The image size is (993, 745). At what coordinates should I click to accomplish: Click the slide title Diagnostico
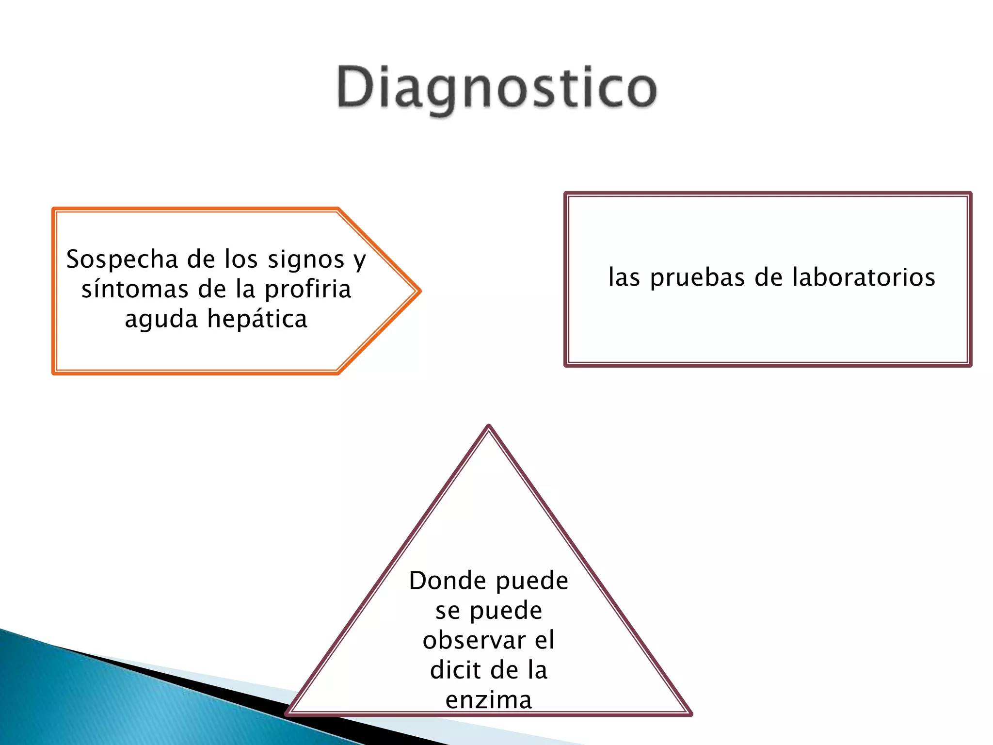pyautogui.click(x=496, y=88)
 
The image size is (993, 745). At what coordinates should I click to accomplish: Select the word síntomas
pyautogui.click(x=134, y=290)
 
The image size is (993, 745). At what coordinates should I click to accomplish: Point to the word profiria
pyautogui.click(x=308, y=290)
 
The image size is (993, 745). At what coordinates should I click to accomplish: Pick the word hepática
pyautogui.click(x=257, y=319)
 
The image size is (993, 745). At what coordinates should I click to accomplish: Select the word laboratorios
pyautogui.click(x=864, y=277)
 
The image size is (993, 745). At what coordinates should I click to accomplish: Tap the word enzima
pyautogui.click(x=489, y=700)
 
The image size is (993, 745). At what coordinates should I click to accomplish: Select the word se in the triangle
pyautogui.click(x=447, y=611)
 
